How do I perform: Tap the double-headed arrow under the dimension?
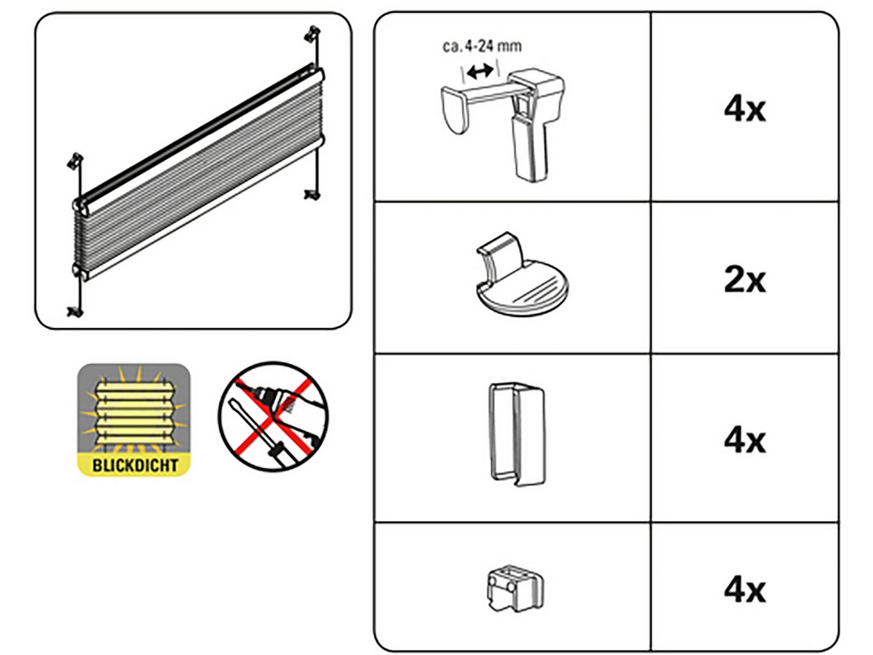click(x=479, y=72)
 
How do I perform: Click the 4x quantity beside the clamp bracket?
click(x=744, y=110)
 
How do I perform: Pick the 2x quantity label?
click(x=744, y=281)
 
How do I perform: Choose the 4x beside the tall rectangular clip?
click(x=744, y=440)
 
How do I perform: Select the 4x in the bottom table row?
click(x=744, y=589)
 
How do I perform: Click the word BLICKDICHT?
click(x=135, y=465)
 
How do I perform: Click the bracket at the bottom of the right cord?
click(x=310, y=195)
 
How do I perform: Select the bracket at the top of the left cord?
click(x=76, y=160)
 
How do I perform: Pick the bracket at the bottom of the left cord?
click(x=74, y=311)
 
